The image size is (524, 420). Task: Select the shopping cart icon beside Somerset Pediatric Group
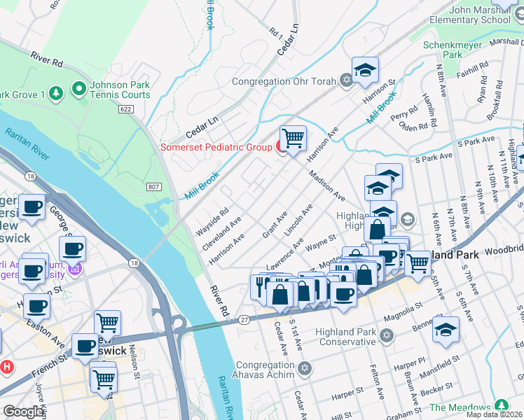click(x=293, y=137)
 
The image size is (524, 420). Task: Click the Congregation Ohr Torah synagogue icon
click(x=345, y=80)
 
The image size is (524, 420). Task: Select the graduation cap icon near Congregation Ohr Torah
click(x=365, y=70)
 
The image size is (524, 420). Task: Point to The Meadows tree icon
click(x=501, y=406)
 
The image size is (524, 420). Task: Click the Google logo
click(x=24, y=412)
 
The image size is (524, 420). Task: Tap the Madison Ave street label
click(x=326, y=187)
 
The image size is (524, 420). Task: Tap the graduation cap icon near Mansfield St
click(x=446, y=329)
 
